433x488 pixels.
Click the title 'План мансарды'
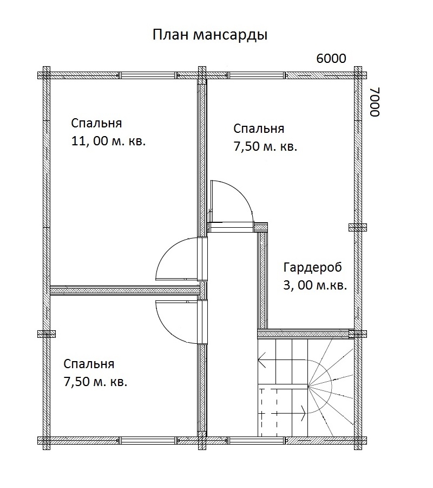210,35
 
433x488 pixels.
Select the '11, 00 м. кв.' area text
109,142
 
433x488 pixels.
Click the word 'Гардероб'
313,267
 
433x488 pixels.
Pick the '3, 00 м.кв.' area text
315,285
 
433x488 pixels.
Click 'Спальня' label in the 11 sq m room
96,123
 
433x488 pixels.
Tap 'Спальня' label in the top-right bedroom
259,129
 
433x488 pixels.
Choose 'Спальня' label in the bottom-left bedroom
89,363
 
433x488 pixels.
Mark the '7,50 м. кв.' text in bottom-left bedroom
95,382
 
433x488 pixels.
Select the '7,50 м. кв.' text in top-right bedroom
265,147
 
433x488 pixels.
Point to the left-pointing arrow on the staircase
264,357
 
